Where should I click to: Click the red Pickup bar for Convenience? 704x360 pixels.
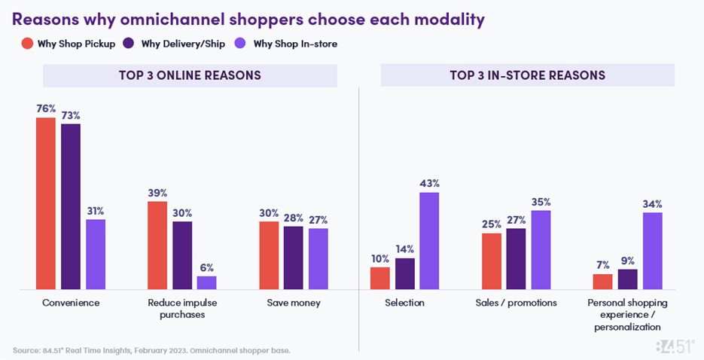tap(46, 203)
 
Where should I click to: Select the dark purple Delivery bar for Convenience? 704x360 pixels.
tap(71, 206)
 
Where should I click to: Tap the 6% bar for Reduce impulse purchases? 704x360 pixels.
tap(206, 282)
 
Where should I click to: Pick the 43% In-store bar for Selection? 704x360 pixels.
tap(429, 241)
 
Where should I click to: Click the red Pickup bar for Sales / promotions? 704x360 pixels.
tap(491, 261)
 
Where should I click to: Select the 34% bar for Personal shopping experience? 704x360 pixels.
tap(652, 251)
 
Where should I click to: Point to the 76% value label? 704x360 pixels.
tap(46, 108)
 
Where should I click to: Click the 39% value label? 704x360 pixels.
tap(157, 193)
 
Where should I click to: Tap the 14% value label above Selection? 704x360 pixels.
tap(404, 249)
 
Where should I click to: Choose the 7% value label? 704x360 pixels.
tap(602, 265)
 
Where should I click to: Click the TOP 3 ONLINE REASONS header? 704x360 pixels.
tap(190, 75)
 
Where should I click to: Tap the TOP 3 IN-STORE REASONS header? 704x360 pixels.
tap(527, 75)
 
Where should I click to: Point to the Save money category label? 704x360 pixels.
tap(294, 303)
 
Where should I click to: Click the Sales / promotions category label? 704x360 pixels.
tap(516, 303)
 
